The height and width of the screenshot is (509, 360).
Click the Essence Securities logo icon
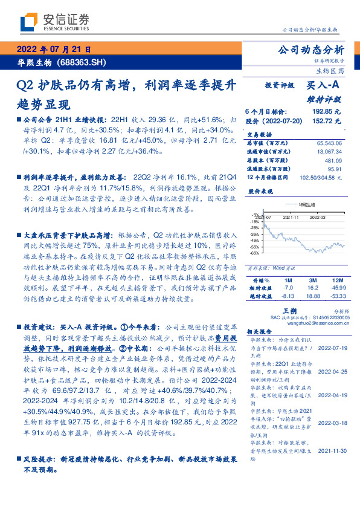(28, 22)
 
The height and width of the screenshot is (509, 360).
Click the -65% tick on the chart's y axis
(256, 253)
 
